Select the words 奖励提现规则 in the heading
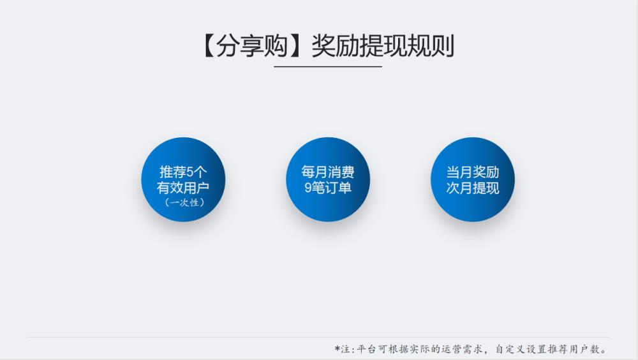tap(382, 47)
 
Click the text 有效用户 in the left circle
tap(182, 188)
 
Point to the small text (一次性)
tap(182, 202)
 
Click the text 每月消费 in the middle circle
tap(328, 172)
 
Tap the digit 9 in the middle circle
tap(308, 188)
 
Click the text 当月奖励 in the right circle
tap(473, 172)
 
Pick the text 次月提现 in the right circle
tap(473, 188)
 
